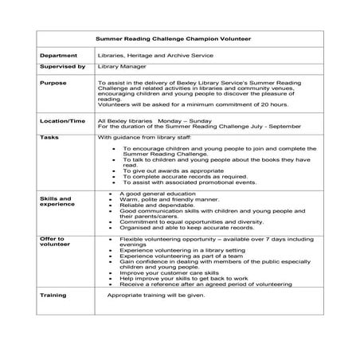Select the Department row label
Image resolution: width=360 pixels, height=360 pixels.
tap(57, 56)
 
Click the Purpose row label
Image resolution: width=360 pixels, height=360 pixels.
tap(52, 83)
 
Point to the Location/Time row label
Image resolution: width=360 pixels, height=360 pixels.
tap(61, 120)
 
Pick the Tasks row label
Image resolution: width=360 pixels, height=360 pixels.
tap(49, 137)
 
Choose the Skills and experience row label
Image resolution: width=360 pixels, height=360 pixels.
tap(55, 201)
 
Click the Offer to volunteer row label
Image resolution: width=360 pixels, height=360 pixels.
tap(53, 241)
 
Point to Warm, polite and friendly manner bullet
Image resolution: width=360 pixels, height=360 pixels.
tap(163, 199)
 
